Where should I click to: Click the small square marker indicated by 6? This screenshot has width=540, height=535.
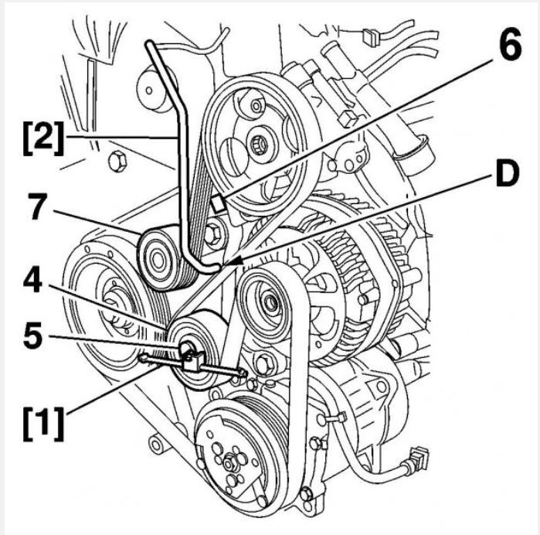click(219, 203)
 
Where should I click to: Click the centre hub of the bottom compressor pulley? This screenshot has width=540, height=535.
click(229, 462)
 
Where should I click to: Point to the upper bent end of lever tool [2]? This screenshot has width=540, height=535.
click(151, 50)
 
